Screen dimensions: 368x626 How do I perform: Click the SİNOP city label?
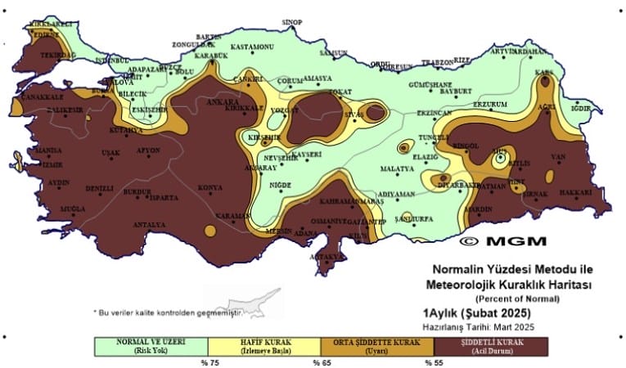[292, 22]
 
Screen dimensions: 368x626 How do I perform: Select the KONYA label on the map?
[211, 189]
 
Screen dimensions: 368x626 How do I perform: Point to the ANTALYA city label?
[150, 224]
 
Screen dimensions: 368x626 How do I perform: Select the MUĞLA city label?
[61, 209]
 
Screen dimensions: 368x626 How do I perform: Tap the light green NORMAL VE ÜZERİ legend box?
[150, 345]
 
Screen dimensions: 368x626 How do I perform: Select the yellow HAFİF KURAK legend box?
[264, 345]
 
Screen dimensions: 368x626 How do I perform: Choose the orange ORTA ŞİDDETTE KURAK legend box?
[376, 345]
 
